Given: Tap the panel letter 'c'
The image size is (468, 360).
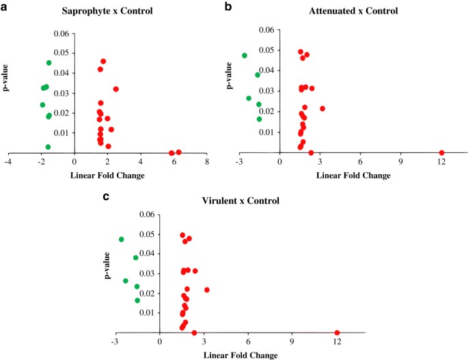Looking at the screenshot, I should (x=105, y=197).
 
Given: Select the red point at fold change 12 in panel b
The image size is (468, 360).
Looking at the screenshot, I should (x=441, y=152).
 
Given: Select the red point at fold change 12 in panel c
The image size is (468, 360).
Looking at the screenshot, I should (x=337, y=333).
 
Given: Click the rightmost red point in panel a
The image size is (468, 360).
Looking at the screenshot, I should (x=178, y=152).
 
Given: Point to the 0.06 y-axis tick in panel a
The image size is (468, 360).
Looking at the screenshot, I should (x=61, y=33).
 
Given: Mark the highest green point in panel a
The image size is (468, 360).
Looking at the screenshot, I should (x=49, y=63).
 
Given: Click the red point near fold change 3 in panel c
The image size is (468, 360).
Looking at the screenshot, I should (x=207, y=290).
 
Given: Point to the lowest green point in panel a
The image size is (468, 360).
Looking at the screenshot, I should (x=48, y=147).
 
